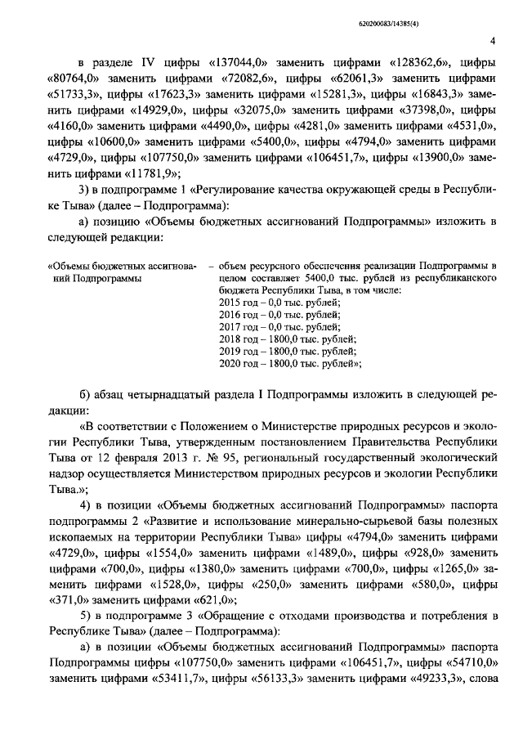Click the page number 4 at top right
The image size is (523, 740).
(492, 41)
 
